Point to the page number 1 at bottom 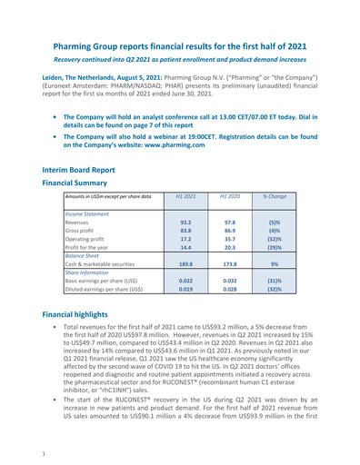coord(31,448)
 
